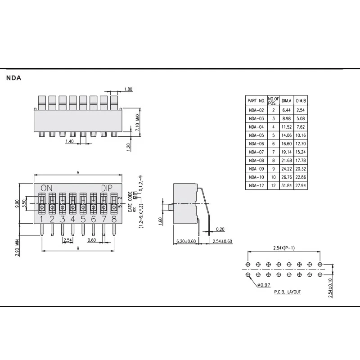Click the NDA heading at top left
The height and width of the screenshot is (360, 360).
[x=14, y=78]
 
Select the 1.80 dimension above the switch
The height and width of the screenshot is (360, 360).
[x=128, y=89]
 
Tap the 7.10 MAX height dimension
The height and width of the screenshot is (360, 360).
[x=137, y=122]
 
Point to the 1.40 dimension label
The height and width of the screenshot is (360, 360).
[x=69, y=141]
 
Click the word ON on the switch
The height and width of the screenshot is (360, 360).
[x=47, y=188]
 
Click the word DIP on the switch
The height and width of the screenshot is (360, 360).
[x=107, y=188]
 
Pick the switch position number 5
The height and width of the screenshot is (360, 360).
[x=83, y=220]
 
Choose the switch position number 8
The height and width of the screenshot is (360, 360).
[x=114, y=220]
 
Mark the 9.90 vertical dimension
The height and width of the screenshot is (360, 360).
[x=17, y=204]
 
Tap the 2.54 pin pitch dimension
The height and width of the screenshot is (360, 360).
[x=68, y=240]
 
